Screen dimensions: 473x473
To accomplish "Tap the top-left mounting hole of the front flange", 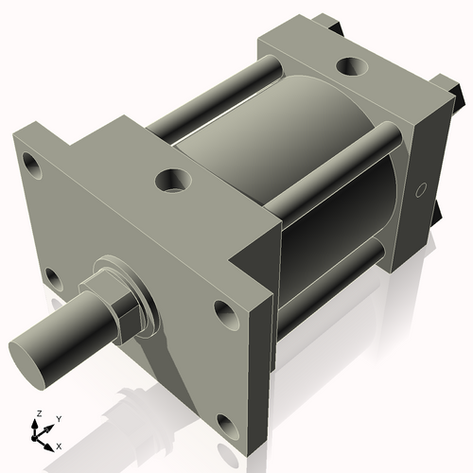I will pos(34,166).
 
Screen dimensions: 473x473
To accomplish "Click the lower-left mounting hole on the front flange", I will pos(52,279).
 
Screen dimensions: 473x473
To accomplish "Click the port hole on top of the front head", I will pos(173,179).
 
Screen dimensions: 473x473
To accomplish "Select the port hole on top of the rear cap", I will pos(352,67).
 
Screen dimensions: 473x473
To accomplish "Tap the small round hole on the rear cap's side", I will pos(422,190).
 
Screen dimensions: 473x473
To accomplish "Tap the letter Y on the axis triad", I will pos(58,417).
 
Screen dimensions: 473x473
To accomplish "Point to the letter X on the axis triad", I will pos(60,445).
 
